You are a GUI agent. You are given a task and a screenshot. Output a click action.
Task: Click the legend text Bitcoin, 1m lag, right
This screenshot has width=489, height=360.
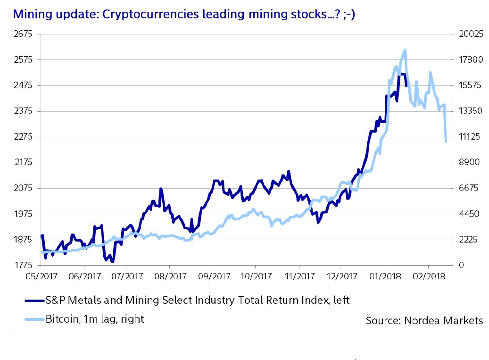(x=95, y=319)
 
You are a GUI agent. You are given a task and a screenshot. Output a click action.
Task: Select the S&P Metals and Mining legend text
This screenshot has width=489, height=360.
(x=198, y=300)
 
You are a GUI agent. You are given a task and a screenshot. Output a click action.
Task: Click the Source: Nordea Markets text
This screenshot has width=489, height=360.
(x=424, y=320)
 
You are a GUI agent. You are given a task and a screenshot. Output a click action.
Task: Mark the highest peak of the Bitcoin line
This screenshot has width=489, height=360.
(x=405, y=50)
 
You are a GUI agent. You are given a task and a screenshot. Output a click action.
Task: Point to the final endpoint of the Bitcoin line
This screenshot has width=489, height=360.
(x=446, y=142)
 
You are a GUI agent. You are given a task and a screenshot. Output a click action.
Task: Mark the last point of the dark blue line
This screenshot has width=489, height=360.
(x=406, y=85)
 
